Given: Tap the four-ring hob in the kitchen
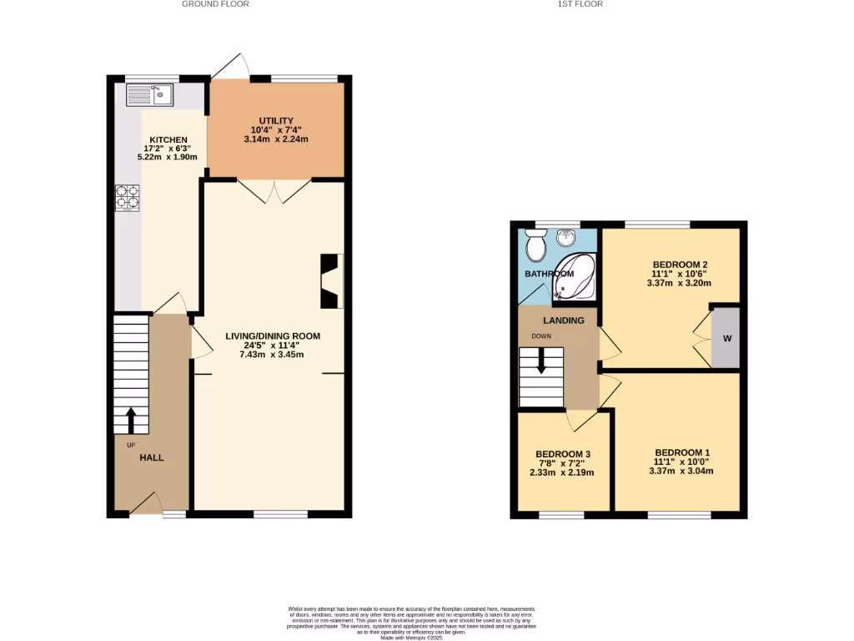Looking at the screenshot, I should [127, 198].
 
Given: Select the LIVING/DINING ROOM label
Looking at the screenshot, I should [273, 336].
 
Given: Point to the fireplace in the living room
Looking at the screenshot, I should [331, 281].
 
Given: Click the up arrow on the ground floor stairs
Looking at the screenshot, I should [130, 416].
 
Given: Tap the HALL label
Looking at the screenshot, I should [151, 457].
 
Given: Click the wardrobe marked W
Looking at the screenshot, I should [726, 338].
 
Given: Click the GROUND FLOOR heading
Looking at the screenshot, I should [215, 4].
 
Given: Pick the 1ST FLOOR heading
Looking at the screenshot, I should [580, 4].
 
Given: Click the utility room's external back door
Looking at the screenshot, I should [230, 67].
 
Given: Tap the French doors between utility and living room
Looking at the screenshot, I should [274, 191].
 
